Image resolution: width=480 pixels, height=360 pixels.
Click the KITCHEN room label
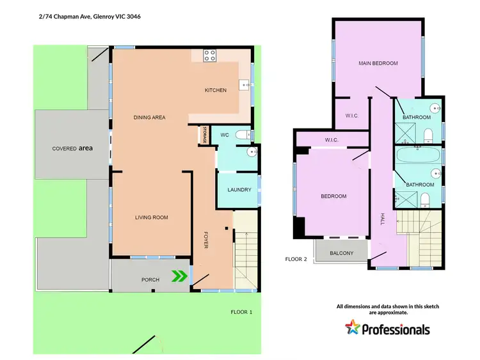tap(215, 90)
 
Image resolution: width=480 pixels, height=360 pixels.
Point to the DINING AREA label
tap(150, 117)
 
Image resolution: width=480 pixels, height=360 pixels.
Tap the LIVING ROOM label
tap(151, 217)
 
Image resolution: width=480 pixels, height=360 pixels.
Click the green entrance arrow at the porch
tap(180, 276)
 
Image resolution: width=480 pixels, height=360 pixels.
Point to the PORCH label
tap(150, 279)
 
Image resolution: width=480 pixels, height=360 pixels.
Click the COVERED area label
tap(72, 148)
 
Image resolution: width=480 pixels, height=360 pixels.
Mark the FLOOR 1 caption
tap(241, 312)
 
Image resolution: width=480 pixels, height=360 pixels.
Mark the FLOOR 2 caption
tap(296, 259)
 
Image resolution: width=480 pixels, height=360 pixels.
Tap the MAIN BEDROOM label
tap(378, 63)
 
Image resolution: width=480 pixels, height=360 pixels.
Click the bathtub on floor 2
tap(417, 155)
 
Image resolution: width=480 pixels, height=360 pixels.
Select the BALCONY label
tap(341, 253)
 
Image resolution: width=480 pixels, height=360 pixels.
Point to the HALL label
tap(382, 219)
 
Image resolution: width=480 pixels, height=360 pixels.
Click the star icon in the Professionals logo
tap(352, 329)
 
